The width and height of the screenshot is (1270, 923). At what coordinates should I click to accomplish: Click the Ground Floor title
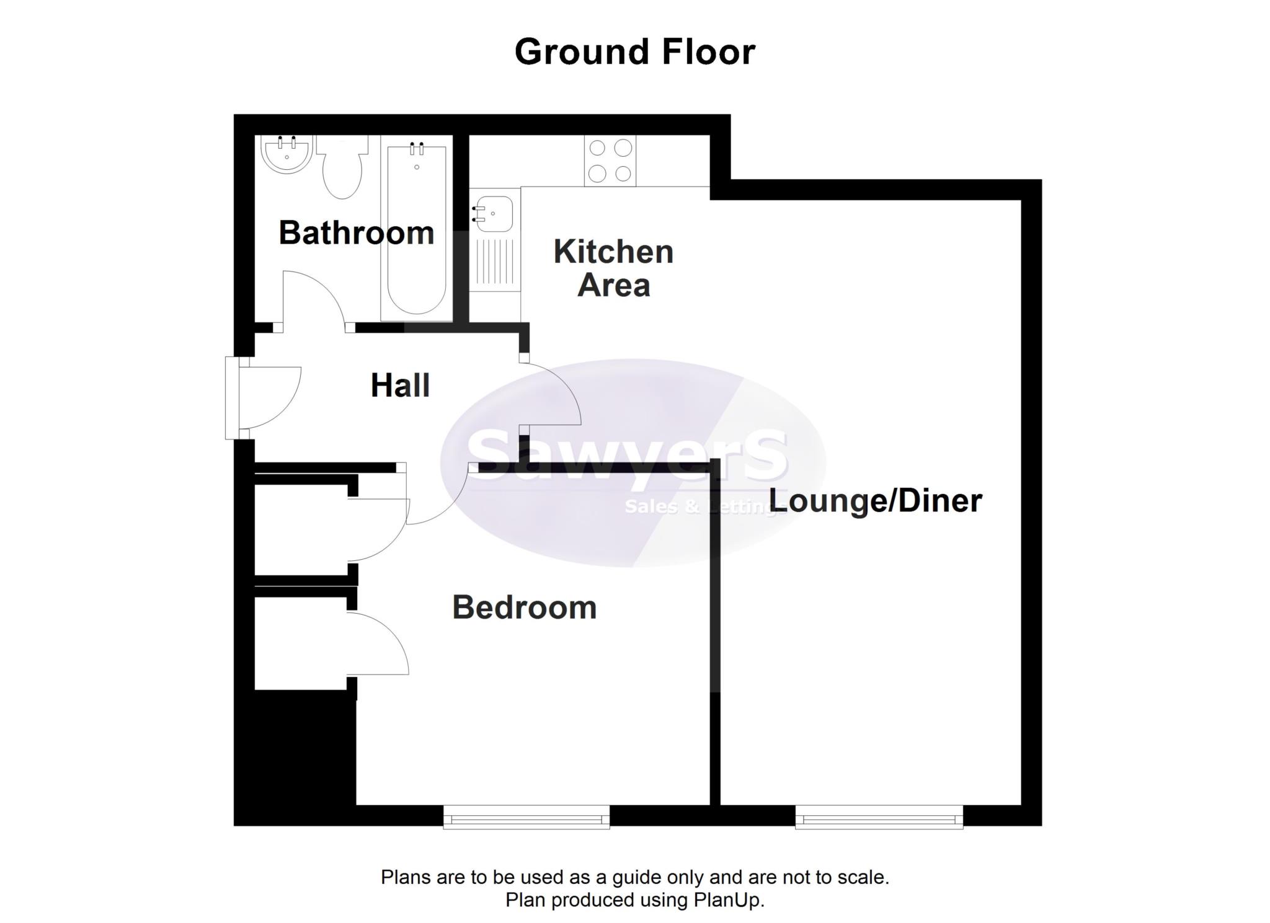coord(634,51)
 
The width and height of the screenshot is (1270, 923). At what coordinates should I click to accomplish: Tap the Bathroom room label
coord(356,233)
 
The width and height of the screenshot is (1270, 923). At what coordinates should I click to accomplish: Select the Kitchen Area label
coord(613,268)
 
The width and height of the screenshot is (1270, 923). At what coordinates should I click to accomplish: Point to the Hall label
coord(400,386)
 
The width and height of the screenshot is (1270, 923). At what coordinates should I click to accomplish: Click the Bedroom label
coord(524,607)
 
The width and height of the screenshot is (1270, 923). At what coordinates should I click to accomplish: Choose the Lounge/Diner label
coord(876,501)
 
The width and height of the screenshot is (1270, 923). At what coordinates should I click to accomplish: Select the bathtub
coord(416,229)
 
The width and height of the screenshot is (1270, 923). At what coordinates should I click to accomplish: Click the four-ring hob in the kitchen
coord(610,161)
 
